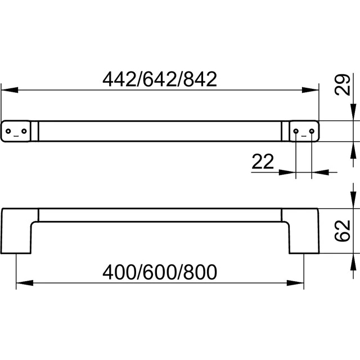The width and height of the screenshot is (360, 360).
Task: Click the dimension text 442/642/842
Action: pyautogui.click(x=160, y=79)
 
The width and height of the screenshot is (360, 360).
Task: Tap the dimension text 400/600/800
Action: pyautogui.click(x=160, y=272)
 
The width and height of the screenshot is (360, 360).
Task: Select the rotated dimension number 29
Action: pyautogui.click(x=343, y=85)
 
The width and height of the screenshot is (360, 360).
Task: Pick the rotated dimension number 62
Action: pyautogui.click(x=343, y=231)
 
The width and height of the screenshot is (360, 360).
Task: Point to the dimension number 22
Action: pyautogui.click(x=263, y=161)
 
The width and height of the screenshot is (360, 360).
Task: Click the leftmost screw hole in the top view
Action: pyautogui.click(x=8, y=131)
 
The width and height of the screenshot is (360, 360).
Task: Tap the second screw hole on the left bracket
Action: pyautogui.click(x=24, y=131)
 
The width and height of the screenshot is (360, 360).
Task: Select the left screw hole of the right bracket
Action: pyautogui.click(x=296, y=131)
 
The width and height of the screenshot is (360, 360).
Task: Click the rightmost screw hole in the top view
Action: pyautogui.click(x=312, y=131)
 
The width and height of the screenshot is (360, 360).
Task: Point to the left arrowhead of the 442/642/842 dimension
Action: pyautogui.click(x=10, y=90)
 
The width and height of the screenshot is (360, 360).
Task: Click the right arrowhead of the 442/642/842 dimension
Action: pyautogui.click(x=310, y=90)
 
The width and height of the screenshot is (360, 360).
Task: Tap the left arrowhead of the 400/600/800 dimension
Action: pyautogui.click(x=25, y=283)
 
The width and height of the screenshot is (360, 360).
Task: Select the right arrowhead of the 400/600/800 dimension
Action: pyautogui.click(x=295, y=283)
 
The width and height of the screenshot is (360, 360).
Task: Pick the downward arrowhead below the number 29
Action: pyautogui.click(x=353, y=112)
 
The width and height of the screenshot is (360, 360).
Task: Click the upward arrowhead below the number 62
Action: pyautogui.click(x=353, y=262)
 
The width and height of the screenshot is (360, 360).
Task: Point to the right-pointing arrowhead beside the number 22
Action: pyautogui.click(x=287, y=172)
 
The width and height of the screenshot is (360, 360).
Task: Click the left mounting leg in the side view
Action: pyautogui.click(x=16, y=231)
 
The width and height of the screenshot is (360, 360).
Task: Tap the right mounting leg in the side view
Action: pyautogui.click(x=304, y=231)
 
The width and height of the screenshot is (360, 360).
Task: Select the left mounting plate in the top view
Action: pyautogui.click(x=16, y=131)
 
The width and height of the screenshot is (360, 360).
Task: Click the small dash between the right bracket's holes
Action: pyautogui.click(x=304, y=136)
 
